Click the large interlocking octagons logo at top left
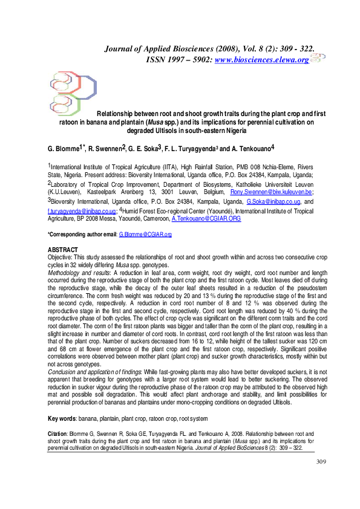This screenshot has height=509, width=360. [72, 92]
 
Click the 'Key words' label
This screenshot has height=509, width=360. [65, 418]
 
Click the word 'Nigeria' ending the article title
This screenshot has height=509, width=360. [233, 130]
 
